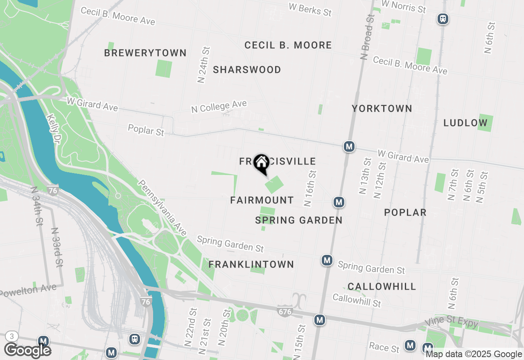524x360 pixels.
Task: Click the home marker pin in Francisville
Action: [261, 164]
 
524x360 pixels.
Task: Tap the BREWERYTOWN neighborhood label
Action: [145, 53]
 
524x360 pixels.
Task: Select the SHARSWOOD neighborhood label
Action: [247, 70]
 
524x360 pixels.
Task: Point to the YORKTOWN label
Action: [382, 108]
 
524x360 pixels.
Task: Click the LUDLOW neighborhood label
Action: [465, 123]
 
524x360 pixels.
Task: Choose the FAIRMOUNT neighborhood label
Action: [262, 200]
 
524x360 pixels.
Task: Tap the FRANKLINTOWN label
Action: [251, 265]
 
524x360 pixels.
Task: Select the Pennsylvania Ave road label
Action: [162, 208]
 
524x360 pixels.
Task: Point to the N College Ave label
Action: [219, 107]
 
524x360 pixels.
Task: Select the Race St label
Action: [384, 347]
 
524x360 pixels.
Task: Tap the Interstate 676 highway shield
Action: [285, 311]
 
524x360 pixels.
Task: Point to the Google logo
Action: [27, 351]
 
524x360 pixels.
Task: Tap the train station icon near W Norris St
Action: [443, 19]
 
